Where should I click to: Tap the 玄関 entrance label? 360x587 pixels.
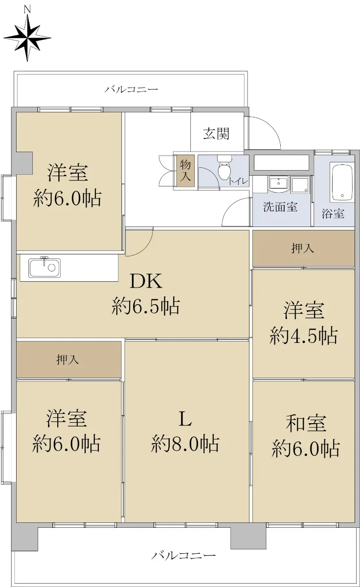(x=216, y=134)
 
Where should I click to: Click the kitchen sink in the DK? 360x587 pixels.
(x=45, y=268)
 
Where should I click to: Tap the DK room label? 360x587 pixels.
(x=146, y=281)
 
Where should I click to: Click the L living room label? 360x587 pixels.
(x=185, y=420)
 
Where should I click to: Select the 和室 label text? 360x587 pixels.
(x=306, y=424)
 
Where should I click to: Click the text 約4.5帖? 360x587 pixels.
(x=304, y=336)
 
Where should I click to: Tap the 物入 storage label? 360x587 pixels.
(x=185, y=170)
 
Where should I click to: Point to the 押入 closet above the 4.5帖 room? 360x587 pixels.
(x=303, y=248)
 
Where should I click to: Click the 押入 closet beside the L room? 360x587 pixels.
(x=69, y=360)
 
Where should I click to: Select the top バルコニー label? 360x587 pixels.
(x=132, y=90)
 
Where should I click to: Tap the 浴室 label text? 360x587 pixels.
(x=333, y=214)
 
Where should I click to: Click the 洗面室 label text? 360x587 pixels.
(x=280, y=207)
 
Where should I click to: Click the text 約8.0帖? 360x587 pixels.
(x=185, y=444)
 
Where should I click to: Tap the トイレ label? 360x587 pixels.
(x=238, y=181)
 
